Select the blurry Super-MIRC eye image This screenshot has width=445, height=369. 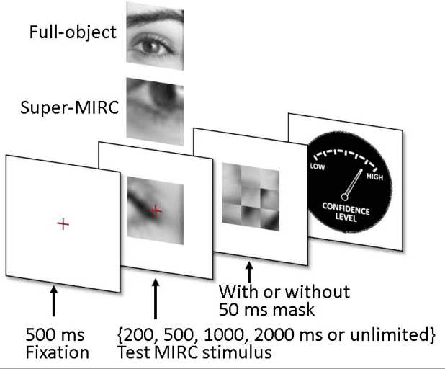point(154,108)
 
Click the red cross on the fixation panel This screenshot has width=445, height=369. point(63,225)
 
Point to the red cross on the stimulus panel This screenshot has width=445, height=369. point(157,210)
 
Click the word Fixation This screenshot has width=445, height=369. point(58,353)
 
